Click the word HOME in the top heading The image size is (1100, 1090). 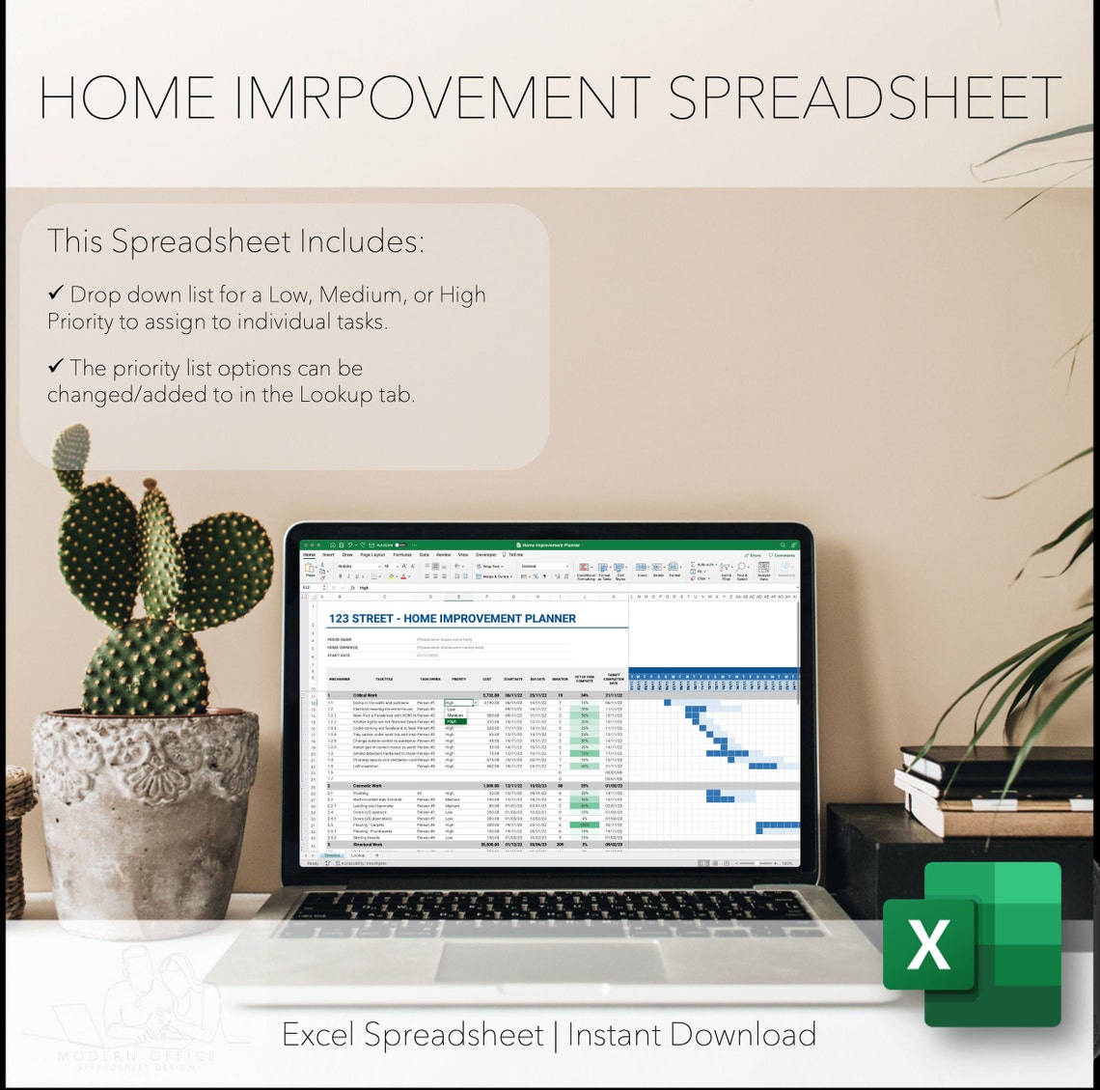coord(126,98)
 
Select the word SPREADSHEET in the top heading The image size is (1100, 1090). coord(864,98)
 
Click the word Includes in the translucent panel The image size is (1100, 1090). coord(359,241)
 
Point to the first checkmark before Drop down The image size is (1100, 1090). coord(56,293)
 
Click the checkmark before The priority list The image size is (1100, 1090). coord(56,366)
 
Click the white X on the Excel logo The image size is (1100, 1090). coord(928,943)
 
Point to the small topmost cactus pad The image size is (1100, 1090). coord(71,449)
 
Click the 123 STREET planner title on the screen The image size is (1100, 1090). coord(452,619)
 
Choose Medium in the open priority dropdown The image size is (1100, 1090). coord(454,715)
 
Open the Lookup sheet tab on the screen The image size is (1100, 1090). coord(358,856)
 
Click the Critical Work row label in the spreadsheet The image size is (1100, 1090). coord(366,695)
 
